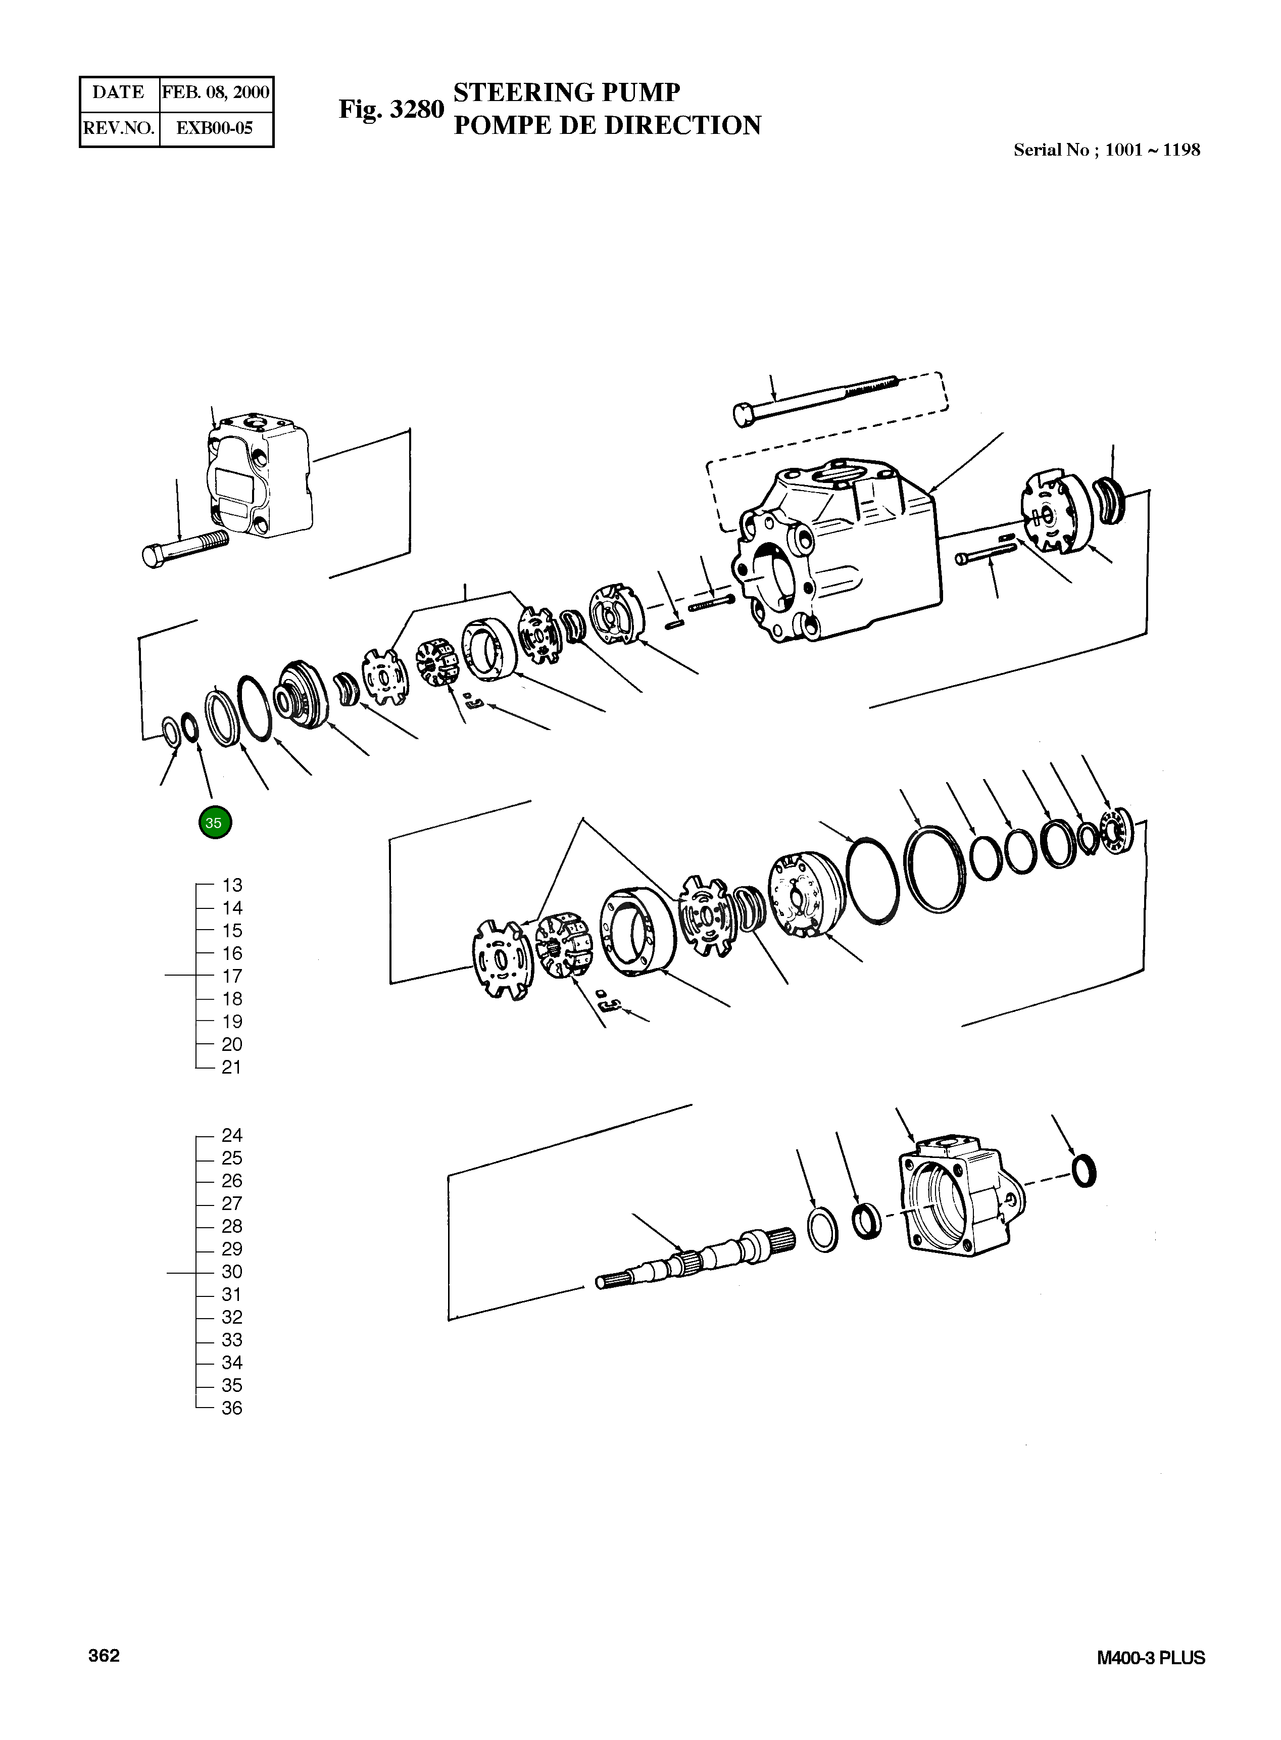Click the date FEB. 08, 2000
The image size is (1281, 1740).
click(216, 93)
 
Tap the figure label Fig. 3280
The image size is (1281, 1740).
click(391, 109)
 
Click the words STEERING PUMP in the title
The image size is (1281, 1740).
click(566, 92)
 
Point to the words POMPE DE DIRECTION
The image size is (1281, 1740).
click(607, 126)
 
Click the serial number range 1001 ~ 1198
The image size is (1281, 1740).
click(1152, 151)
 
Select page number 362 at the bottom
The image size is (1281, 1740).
click(104, 1656)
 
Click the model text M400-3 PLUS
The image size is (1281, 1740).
click(1151, 1658)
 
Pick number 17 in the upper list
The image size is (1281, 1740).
click(232, 976)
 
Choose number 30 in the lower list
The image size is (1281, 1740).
click(232, 1272)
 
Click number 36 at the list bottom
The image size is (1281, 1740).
click(232, 1408)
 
